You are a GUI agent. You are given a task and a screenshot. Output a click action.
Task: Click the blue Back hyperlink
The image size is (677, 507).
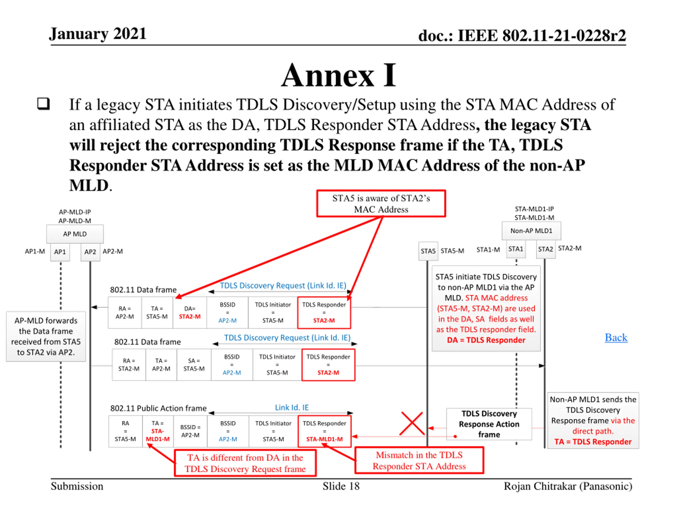pyautogui.click(x=616, y=337)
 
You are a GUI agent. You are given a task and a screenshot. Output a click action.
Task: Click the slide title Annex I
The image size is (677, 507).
pyautogui.click(x=338, y=75)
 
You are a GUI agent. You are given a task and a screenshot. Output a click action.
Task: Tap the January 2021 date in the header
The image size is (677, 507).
pyautogui.click(x=98, y=34)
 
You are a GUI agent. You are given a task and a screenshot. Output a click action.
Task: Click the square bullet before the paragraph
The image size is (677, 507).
pyautogui.click(x=43, y=104)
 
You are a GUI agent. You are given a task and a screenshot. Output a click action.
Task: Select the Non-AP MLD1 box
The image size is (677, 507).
pyautogui.click(x=531, y=231)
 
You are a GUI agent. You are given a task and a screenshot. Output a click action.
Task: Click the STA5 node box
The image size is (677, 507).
pyautogui.click(x=428, y=251)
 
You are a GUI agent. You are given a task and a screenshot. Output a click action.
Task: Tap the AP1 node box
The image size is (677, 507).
pyautogui.click(x=60, y=252)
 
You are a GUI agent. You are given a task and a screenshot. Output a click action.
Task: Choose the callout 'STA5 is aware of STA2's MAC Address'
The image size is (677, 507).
pyautogui.click(x=381, y=204)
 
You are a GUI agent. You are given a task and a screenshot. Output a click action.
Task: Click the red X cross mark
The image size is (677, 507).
pyautogui.click(x=412, y=424)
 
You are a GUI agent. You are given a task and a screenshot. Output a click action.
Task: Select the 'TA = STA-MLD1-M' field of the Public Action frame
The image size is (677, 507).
pyautogui.click(x=158, y=431)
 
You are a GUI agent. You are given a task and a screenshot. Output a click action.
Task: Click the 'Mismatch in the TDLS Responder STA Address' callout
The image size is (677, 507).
pyautogui.click(x=419, y=460)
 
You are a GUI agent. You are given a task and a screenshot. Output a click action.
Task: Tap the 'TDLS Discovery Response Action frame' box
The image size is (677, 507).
pyautogui.click(x=489, y=424)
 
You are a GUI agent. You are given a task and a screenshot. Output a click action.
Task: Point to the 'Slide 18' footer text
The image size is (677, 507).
pyautogui.click(x=341, y=486)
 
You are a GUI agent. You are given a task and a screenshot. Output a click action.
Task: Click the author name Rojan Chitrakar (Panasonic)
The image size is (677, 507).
pyautogui.click(x=568, y=486)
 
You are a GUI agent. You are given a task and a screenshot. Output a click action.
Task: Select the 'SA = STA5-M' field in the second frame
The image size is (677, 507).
pyautogui.click(x=194, y=365)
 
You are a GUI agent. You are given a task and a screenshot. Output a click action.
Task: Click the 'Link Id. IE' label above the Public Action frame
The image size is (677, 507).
pyautogui.click(x=292, y=407)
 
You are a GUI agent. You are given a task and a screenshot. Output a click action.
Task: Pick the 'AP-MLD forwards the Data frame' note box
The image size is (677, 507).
pyautogui.click(x=46, y=336)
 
